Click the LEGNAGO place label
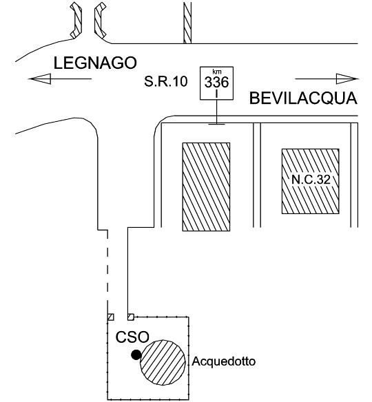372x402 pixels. click(95, 63)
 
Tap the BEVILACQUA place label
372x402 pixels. click(303, 98)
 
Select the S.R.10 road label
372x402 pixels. click(166, 81)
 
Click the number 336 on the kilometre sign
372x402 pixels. click(216, 83)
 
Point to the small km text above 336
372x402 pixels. click(217, 72)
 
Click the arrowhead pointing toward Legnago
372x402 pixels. click(39, 78)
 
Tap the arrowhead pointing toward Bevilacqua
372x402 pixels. click(347, 78)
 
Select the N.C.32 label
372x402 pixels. click(311, 180)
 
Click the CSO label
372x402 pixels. click(132, 337)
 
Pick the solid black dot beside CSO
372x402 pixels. click(136, 355)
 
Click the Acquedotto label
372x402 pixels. click(224, 361)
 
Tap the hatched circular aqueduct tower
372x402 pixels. click(163, 362)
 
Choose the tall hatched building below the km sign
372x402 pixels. click(206, 187)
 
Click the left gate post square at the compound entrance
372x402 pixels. click(111, 317)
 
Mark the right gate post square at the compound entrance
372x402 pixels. click(131, 317)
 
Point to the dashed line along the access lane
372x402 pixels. click(107, 272)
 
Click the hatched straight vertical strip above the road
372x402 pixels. click(187, 23)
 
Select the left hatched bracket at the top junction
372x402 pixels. click(76, 20)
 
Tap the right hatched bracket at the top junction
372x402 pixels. click(100, 20)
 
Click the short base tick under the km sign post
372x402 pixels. click(217, 125)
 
